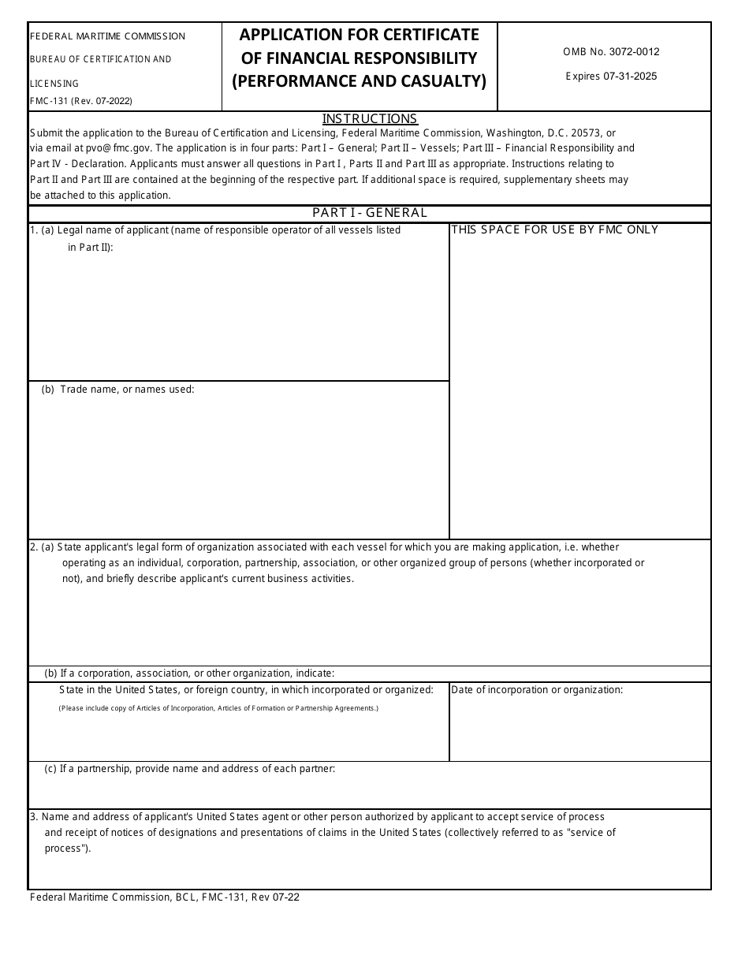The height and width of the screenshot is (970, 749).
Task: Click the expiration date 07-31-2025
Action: tap(611, 76)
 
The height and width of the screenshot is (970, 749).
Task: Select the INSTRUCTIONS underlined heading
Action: tap(370, 119)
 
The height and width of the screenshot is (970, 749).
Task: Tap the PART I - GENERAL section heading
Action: tap(370, 213)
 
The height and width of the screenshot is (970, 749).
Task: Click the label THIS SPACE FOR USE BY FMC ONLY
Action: tap(554, 230)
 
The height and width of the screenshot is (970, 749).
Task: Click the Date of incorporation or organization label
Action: tap(537, 690)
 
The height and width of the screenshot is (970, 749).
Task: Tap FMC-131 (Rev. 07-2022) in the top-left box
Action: tap(80, 101)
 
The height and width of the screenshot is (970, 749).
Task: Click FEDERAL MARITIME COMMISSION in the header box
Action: tap(107, 36)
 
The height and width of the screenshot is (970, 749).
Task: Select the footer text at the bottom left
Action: tap(164, 897)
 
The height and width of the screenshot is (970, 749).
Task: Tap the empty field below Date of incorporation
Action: tap(579, 729)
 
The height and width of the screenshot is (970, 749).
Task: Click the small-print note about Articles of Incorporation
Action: tap(218, 708)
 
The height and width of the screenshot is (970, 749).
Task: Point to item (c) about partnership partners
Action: tap(189, 769)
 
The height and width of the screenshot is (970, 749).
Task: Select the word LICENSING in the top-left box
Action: tap(54, 84)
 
